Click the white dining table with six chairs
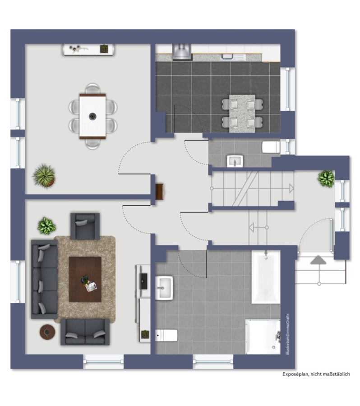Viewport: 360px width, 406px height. [x=93, y=116]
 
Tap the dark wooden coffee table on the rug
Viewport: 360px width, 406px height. [x=85, y=279]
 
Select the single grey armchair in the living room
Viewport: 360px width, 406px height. [x=85, y=226]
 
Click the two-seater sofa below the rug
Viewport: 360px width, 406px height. [x=85, y=332]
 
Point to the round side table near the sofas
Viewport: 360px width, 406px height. [x=47, y=332]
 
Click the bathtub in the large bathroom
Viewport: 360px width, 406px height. [x=266, y=277]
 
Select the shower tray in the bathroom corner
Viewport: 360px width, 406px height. [x=263, y=337]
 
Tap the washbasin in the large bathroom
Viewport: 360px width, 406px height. [x=164, y=288]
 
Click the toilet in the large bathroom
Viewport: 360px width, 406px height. [x=166, y=336]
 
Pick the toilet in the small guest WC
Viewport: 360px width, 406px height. [x=271, y=147]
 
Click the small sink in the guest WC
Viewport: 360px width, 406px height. [x=235, y=161]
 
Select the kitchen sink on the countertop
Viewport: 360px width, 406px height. [x=232, y=57]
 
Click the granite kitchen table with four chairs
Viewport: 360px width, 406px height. [x=242, y=114]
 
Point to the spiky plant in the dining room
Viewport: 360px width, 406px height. [x=44, y=176]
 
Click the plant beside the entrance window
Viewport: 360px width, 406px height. [x=326, y=178]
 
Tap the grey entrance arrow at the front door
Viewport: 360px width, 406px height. [x=318, y=260]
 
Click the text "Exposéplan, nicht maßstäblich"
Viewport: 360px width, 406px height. [x=316, y=374]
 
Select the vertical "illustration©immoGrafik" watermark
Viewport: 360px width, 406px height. [x=288, y=334]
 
